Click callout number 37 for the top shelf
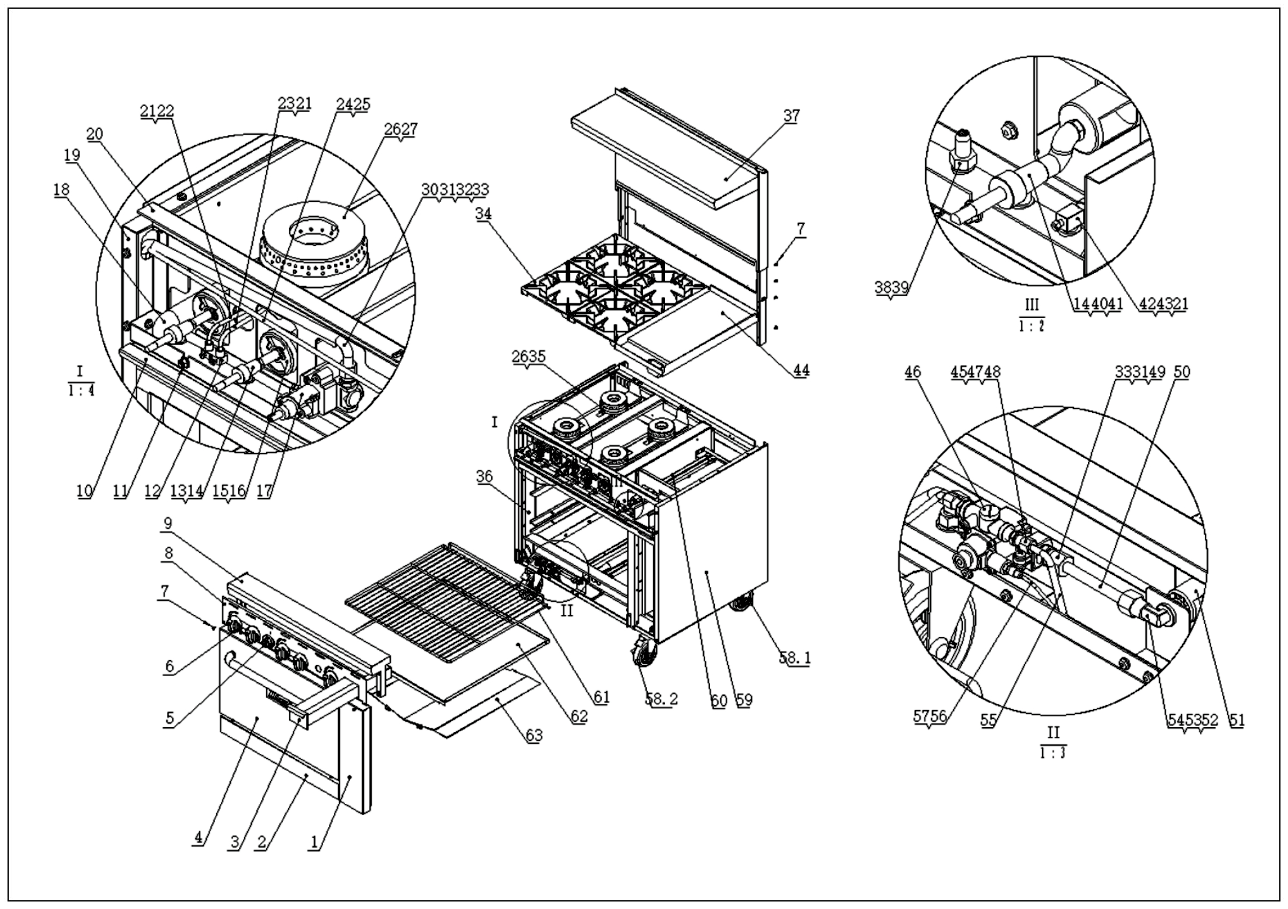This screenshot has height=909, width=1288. click(x=791, y=116)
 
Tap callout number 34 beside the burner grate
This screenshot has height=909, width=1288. click(x=484, y=214)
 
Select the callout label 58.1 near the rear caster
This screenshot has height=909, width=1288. click(x=794, y=658)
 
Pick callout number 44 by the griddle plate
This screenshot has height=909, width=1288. click(x=801, y=370)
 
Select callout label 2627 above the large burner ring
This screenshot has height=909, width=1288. click(x=400, y=129)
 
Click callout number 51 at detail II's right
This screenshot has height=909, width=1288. click(x=1237, y=720)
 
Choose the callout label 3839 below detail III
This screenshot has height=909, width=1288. click(x=891, y=288)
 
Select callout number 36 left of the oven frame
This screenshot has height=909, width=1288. click(x=484, y=477)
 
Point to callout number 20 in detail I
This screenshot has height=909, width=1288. click(x=95, y=135)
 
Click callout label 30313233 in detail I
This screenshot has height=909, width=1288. click(x=455, y=190)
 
